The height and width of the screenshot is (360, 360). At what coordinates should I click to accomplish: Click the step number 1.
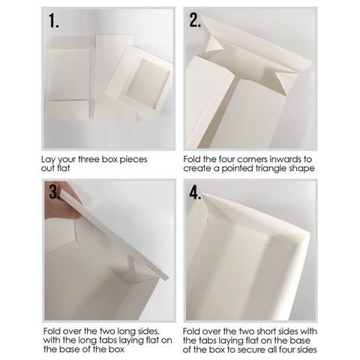53,20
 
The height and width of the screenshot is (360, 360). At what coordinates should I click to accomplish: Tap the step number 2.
195,19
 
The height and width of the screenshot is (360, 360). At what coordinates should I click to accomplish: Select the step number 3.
54,192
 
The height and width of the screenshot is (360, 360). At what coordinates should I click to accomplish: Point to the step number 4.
195,193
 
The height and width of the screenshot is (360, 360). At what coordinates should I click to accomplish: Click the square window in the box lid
148,84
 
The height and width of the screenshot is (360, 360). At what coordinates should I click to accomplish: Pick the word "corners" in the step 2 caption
252,159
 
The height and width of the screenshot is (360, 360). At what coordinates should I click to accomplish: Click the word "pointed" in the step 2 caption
237,169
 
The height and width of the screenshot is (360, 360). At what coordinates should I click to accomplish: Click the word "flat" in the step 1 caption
64,168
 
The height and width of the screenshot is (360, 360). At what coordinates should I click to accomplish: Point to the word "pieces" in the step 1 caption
133,160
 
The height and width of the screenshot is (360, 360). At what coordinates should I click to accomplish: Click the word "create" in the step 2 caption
196,169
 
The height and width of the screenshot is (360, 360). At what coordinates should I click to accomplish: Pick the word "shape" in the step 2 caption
302,169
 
